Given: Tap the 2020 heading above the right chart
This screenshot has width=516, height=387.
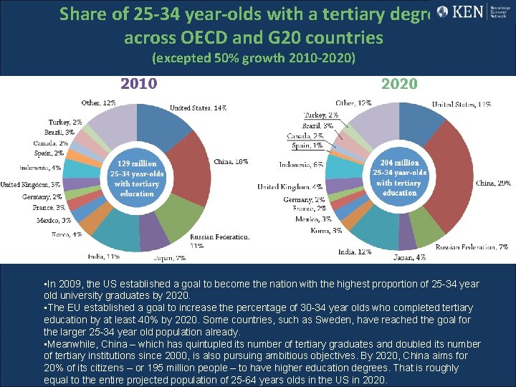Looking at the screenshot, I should click(x=399, y=84).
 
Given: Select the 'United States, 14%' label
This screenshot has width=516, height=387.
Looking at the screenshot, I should click(x=199, y=108).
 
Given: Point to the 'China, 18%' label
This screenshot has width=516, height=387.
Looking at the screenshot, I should click(x=231, y=162).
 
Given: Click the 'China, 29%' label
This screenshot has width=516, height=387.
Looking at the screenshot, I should click(x=492, y=183).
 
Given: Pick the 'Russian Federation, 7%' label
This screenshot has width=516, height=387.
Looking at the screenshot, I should click(x=472, y=247).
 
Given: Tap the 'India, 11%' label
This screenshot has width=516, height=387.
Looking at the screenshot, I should click(x=104, y=256).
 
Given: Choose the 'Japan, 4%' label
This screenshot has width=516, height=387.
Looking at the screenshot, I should click(x=409, y=257).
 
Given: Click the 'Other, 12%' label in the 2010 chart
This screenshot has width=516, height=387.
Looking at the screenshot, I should click(x=99, y=103).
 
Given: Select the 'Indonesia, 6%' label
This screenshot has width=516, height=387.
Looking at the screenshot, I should click(x=301, y=165).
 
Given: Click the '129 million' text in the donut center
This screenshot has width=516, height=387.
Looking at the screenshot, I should click(x=137, y=164).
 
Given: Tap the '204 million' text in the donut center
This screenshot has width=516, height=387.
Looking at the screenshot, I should click(x=399, y=163).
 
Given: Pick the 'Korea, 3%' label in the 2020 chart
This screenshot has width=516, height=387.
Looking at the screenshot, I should click(x=327, y=231).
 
